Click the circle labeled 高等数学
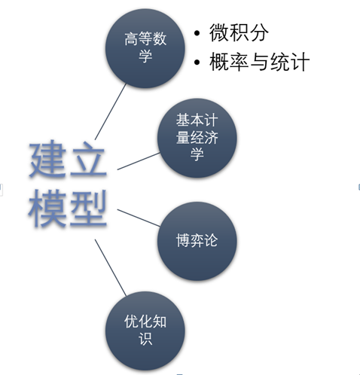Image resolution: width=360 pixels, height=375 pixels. (x=145, y=48)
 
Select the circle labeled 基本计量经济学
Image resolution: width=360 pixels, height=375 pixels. (x=197, y=138)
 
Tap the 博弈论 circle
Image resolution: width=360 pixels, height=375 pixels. (x=197, y=241)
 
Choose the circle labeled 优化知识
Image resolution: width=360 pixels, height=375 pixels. (x=145, y=331)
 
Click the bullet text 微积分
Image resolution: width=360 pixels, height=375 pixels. (x=239, y=32)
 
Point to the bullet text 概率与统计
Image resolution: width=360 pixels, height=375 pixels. (x=259, y=62)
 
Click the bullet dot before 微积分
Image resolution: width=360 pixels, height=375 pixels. (x=197, y=33)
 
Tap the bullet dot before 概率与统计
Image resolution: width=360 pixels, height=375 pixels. (x=197, y=62)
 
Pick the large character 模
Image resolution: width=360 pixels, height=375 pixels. (x=48, y=208)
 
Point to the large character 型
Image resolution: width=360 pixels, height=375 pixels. (x=88, y=208)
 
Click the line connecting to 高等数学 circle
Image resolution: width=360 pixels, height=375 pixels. (x=111, y=111)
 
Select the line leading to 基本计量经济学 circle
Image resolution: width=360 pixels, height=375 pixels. (x=139, y=161)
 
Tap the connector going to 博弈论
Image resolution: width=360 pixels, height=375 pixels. (x=139, y=218)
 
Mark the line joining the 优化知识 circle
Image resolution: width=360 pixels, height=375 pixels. (x=111, y=267)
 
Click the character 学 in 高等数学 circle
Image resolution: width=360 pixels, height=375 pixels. (x=145, y=56)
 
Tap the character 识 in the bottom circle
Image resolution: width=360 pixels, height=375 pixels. (x=145, y=339)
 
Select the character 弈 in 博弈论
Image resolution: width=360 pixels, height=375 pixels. (x=197, y=240)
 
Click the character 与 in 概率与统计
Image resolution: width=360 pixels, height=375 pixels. (x=259, y=62)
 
